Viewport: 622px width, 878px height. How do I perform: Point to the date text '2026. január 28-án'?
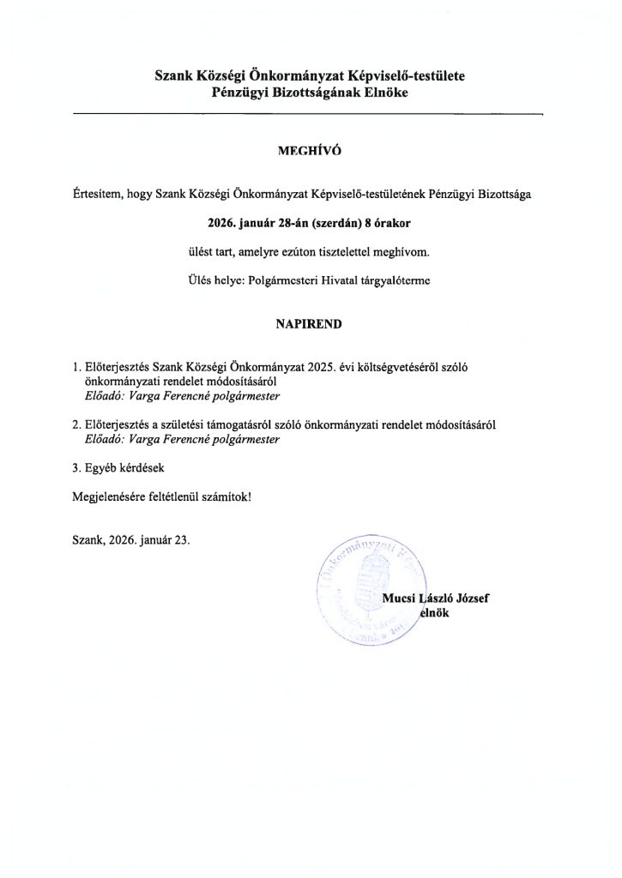click(257, 222)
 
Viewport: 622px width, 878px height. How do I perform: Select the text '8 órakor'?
click(391, 222)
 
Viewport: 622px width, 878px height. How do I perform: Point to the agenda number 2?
click(77, 424)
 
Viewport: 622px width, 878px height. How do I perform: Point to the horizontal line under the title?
click(310, 112)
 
